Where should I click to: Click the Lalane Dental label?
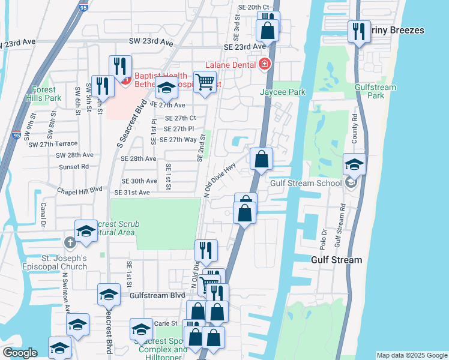click(x=231, y=64)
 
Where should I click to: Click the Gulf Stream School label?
click(x=307, y=183)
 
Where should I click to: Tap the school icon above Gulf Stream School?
click(x=354, y=163)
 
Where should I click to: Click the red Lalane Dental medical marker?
click(x=264, y=64)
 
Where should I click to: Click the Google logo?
click(x=20, y=353)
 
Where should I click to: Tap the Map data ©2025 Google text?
click(x=412, y=355)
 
